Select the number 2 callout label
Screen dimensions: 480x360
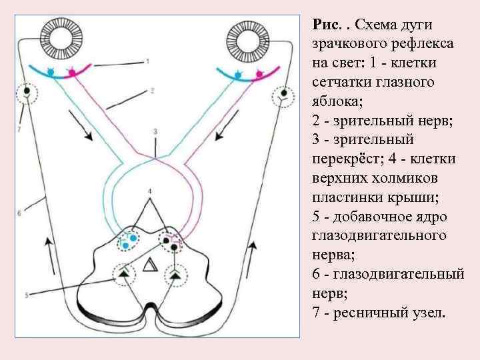pyautogui.click(x=152, y=90)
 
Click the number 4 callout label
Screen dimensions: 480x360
pyautogui.click(x=151, y=192)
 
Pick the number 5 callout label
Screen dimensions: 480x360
pyautogui.click(x=25, y=293)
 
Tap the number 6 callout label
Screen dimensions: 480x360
pyautogui.click(x=20, y=213)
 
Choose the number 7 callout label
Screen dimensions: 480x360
pyautogui.click(x=21, y=128)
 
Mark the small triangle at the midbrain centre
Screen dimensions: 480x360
pyautogui.click(x=150, y=267)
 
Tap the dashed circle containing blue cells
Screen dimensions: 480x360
pyautogui.click(x=129, y=239)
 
